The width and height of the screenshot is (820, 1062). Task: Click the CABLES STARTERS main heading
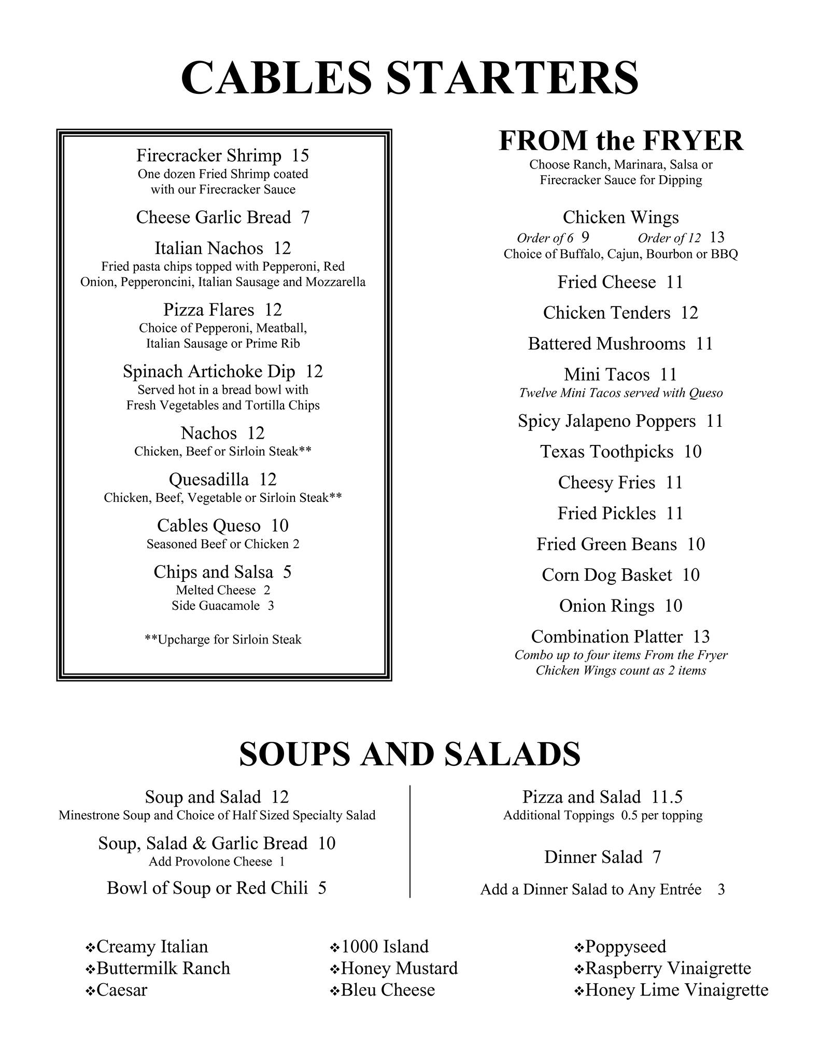(409, 78)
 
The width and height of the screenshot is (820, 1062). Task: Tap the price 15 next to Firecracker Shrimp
(300, 155)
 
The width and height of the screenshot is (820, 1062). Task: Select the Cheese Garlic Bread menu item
(213, 217)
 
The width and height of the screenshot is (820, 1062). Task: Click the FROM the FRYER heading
(620, 141)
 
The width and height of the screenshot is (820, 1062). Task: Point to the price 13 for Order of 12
(717, 237)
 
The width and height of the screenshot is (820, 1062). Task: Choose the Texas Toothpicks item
(606, 452)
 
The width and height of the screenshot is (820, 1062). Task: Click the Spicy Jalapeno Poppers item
(606, 421)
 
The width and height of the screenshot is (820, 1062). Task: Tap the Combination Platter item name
(607, 637)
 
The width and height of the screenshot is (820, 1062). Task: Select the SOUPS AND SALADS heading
(409, 754)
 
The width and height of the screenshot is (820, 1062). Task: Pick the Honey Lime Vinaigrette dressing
(676, 990)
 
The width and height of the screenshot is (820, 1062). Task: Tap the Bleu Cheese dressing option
(388, 990)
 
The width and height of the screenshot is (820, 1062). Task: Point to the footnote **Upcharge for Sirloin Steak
(223, 639)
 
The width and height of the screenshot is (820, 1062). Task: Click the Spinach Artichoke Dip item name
(209, 371)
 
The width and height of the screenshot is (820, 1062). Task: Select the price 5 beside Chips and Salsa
(287, 572)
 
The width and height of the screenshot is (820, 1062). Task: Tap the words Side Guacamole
(216, 606)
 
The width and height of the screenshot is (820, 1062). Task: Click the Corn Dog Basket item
(606, 575)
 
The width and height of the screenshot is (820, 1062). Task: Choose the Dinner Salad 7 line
(602, 857)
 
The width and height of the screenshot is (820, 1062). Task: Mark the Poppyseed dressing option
(625, 946)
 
